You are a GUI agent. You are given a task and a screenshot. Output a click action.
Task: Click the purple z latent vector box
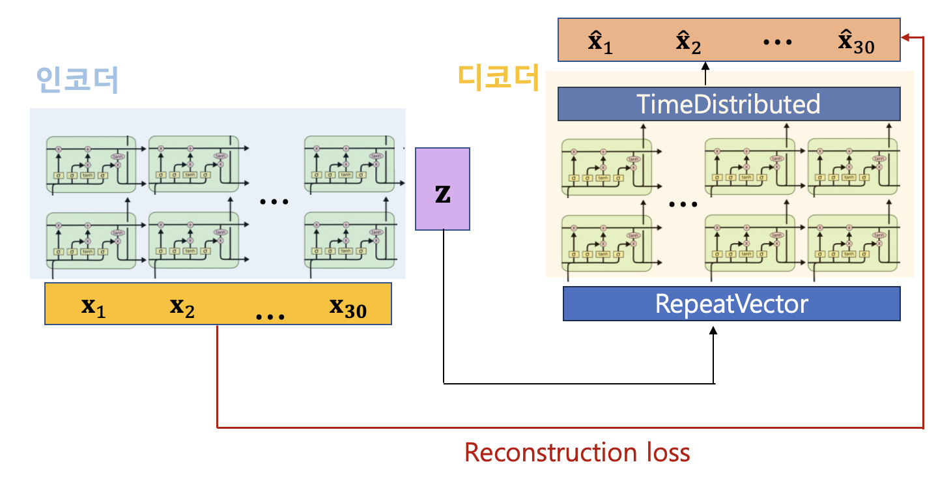pyautogui.click(x=442, y=189)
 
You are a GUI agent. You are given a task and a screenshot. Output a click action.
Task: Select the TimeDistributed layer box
pyautogui.click(x=728, y=104)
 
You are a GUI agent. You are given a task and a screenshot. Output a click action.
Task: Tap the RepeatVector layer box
pyautogui.click(x=731, y=304)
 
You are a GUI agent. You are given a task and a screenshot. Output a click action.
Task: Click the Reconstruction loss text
pyautogui.click(x=577, y=452)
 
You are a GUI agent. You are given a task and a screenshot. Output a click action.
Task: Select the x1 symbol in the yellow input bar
pyautogui.click(x=92, y=305)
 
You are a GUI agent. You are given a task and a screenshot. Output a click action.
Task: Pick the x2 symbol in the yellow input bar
pyautogui.click(x=182, y=305)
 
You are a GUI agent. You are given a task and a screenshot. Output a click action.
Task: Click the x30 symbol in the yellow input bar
pyautogui.click(x=347, y=306)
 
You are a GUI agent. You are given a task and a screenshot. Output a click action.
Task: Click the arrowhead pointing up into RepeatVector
pyautogui.click(x=713, y=330)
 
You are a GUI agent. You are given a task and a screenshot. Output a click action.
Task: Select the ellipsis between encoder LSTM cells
pyautogui.click(x=274, y=201)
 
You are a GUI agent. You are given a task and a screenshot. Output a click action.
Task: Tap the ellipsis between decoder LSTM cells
pyautogui.click(x=683, y=204)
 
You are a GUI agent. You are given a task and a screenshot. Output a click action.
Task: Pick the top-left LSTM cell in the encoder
pyautogui.click(x=91, y=164)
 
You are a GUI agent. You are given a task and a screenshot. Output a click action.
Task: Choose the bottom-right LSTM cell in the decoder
pyautogui.click(x=852, y=242)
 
